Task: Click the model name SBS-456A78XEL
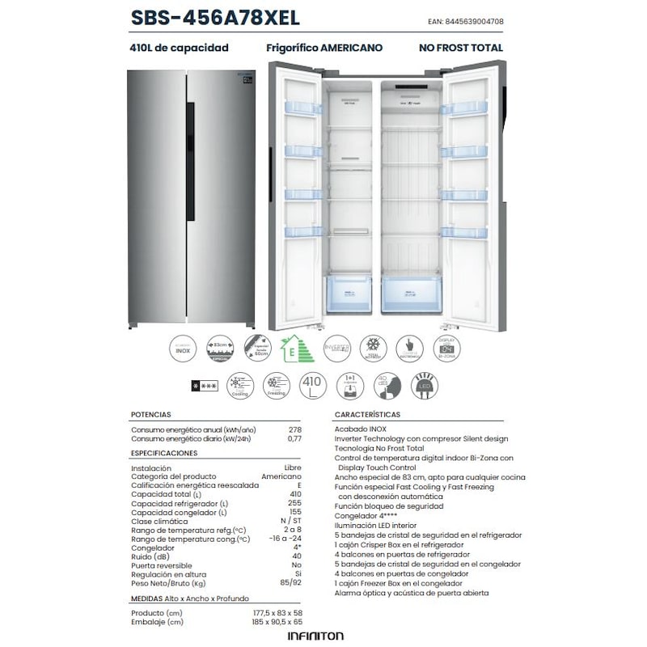point(214,18)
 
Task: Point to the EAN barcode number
point(470,22)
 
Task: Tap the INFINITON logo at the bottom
point(315,636)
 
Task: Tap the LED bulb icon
point(425,385)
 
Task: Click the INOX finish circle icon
point(184,349)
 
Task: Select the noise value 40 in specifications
point(296,556)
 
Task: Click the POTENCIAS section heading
point(151,414)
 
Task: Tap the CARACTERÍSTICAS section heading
point(367,414)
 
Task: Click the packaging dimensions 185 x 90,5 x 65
point(277,622)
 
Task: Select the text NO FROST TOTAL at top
point(460,48)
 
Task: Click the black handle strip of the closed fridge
point(191,162)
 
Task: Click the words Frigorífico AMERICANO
point(324,48)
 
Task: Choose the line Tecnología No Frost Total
point(379,448)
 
